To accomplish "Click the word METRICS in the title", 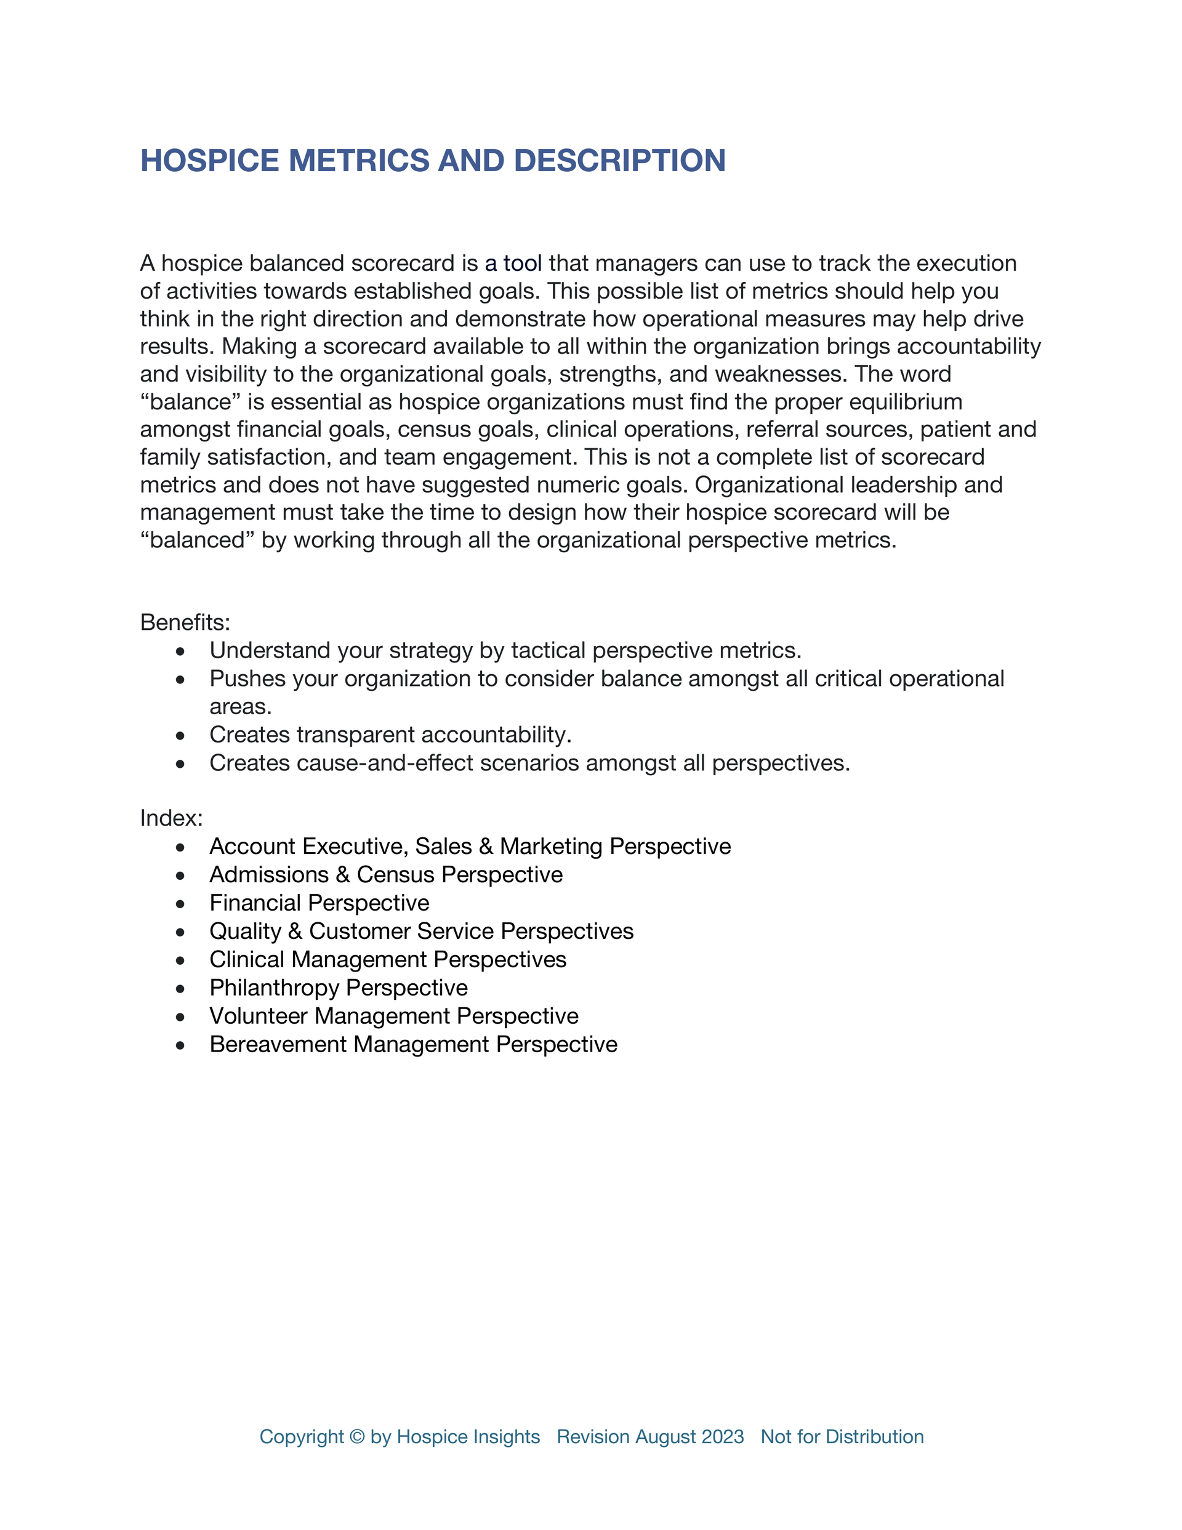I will [359, 161].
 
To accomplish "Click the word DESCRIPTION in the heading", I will [619, 161].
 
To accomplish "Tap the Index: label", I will [172, 818].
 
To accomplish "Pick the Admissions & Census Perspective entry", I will [386, 874].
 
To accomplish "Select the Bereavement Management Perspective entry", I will [413, 1044].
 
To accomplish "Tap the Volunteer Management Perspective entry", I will [394, 1016].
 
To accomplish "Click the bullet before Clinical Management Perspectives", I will [181, 960].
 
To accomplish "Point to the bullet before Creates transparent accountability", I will [181, 736].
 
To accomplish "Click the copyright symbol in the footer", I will [356, 1437].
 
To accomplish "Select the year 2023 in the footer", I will [722, 1437].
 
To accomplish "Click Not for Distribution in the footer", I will [842, 1437].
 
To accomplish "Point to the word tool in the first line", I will [523, 264].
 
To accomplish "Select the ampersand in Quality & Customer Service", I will [295, 931].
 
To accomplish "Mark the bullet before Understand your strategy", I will [181, 651].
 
